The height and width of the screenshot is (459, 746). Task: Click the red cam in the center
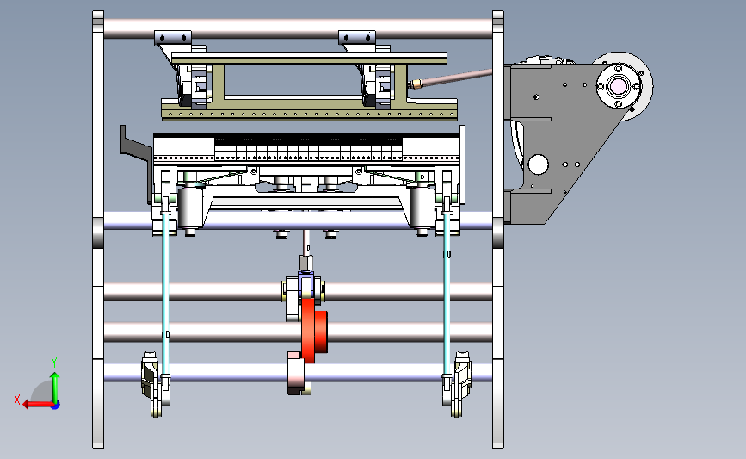313,331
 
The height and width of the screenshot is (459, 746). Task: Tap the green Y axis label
54,363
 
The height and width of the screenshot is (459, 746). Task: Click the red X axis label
17,400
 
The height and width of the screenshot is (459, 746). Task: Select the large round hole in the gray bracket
538,164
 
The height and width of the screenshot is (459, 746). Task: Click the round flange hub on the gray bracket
619,86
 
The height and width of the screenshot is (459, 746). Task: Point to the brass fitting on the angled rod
416,84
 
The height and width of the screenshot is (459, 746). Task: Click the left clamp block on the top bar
172,38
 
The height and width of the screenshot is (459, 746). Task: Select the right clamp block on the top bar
357,38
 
